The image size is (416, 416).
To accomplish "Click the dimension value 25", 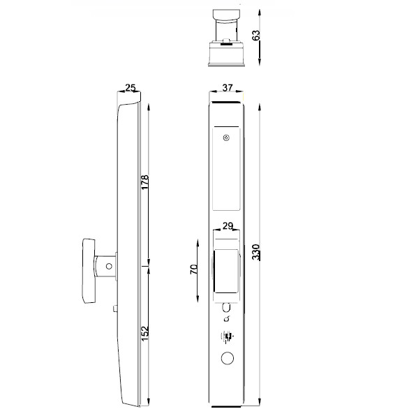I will click(x=130, y=88).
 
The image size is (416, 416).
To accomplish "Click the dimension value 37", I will click(x=227, y=87).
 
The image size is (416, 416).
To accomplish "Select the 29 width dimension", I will click(x=227, y=225).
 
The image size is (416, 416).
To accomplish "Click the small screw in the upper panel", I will click(x=226, y=138).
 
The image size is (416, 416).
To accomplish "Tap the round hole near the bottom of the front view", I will click(x=226, y=358).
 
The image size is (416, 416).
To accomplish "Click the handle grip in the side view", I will click(x=89, y=271).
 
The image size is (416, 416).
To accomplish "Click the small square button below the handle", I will click(x=114, y=308).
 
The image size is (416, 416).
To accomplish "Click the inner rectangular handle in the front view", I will click(x=226, y=272).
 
